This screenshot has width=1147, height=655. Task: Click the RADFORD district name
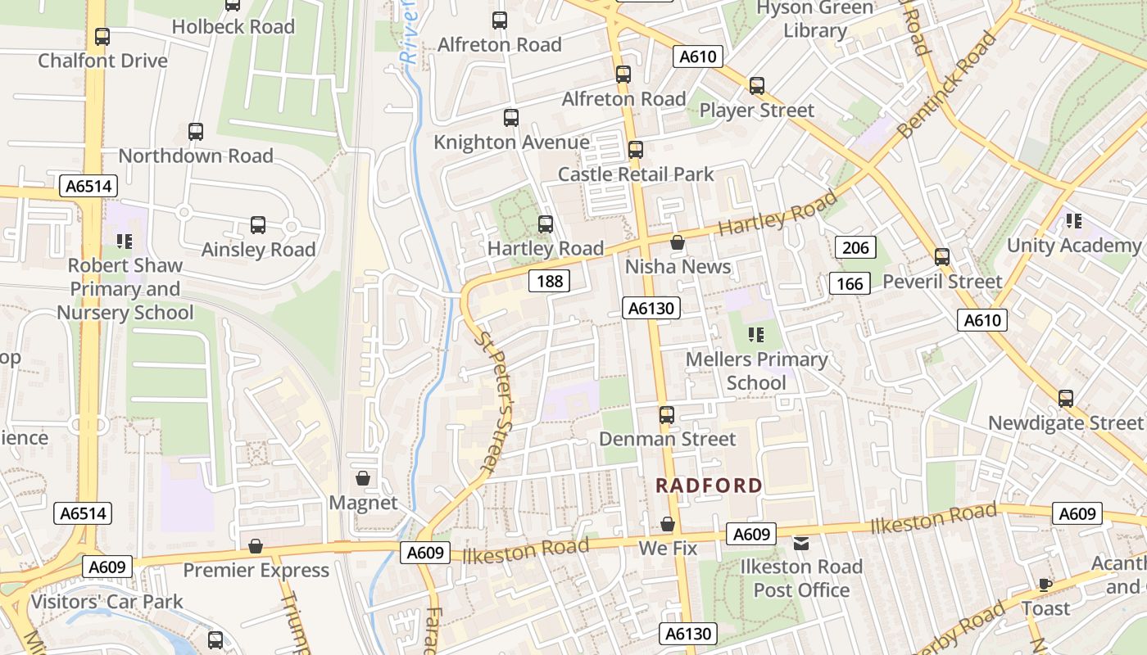tap(709, 486)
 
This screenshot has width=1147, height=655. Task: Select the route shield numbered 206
tap(855, 247)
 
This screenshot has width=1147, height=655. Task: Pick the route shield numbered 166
tap(850, 284)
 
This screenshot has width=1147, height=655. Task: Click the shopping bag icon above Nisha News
tap(678, 242)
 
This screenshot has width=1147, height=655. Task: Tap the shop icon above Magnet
tap(363, 477)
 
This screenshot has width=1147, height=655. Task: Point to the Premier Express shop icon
tap(256, 545)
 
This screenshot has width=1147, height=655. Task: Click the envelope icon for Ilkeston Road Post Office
tap(800, 543)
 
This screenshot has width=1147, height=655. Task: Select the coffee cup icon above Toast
tap(1045, 585)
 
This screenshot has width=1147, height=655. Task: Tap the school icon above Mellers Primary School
tap(755, 334)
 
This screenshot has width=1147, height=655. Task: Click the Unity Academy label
tap(1073, 246)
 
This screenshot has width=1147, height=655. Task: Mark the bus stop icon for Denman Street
tap(667, 415)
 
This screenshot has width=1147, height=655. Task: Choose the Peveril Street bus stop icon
tap(942, 257)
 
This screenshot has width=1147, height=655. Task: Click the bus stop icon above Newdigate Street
tap(1065, 399)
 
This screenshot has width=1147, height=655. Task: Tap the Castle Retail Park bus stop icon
tap(636, 150)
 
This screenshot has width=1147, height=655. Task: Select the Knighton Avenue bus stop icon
tap(511, 118)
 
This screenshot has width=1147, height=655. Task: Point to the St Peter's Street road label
tap(495, 401)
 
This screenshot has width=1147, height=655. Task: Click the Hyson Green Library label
tap(814, 20)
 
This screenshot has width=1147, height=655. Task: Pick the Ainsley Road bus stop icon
tap(258, 225)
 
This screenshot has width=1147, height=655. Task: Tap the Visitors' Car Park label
tap(107, 602)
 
